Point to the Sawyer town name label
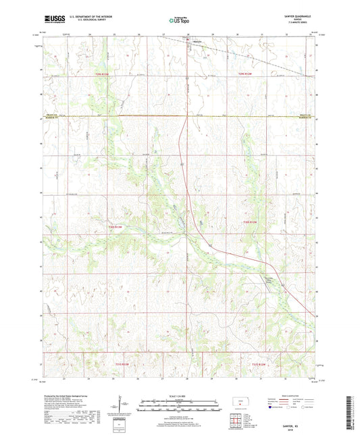click(x=199, y=42)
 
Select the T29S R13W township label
click(x=102, y=74)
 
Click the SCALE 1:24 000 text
click(x=180, y=396)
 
